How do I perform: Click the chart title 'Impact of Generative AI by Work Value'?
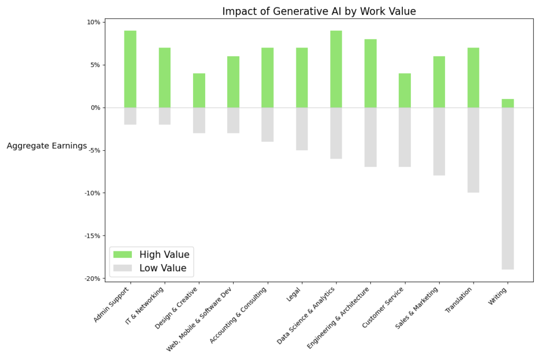319,11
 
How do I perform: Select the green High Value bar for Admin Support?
130,69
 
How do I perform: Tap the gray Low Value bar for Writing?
507,188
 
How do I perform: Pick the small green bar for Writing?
507,103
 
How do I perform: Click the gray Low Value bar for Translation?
473,150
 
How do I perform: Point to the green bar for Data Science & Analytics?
336,69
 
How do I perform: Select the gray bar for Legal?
302,129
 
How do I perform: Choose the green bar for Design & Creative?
199,91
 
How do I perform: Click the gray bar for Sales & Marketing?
439,141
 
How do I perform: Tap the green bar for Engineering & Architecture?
370,73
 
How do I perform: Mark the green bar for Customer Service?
404,91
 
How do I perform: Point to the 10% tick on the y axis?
93,22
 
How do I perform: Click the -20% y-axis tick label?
92,278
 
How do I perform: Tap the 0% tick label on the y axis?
94,108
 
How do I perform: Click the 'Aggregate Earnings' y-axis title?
47,146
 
